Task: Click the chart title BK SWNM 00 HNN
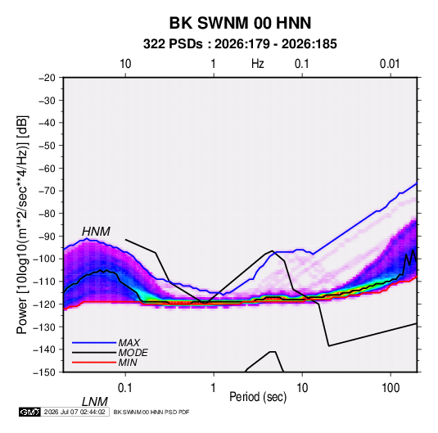pos(240,23)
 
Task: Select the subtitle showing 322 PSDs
pos(240,44)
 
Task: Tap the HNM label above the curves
pos(96,232)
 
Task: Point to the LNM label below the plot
pos(94,402)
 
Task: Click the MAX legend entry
pos(129,343)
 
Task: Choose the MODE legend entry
pos(133,353)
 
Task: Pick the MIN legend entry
pos(128,363)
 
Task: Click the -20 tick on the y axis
pos(47,78)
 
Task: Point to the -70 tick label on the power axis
pos(47,191)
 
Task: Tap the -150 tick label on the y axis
pos(44,372)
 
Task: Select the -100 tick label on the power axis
pos(44,259)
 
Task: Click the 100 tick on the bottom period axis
pos(391,388)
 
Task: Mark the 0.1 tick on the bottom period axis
pos(124,388)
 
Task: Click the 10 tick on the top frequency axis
pos(125,64)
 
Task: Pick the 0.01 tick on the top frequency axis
pos(390,64)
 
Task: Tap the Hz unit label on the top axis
pos(258,64)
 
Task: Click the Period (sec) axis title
pos(258,397)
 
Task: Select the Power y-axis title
pos(22,225)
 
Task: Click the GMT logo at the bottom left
pos(29,412)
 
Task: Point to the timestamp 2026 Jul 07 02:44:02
pos(75,412)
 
